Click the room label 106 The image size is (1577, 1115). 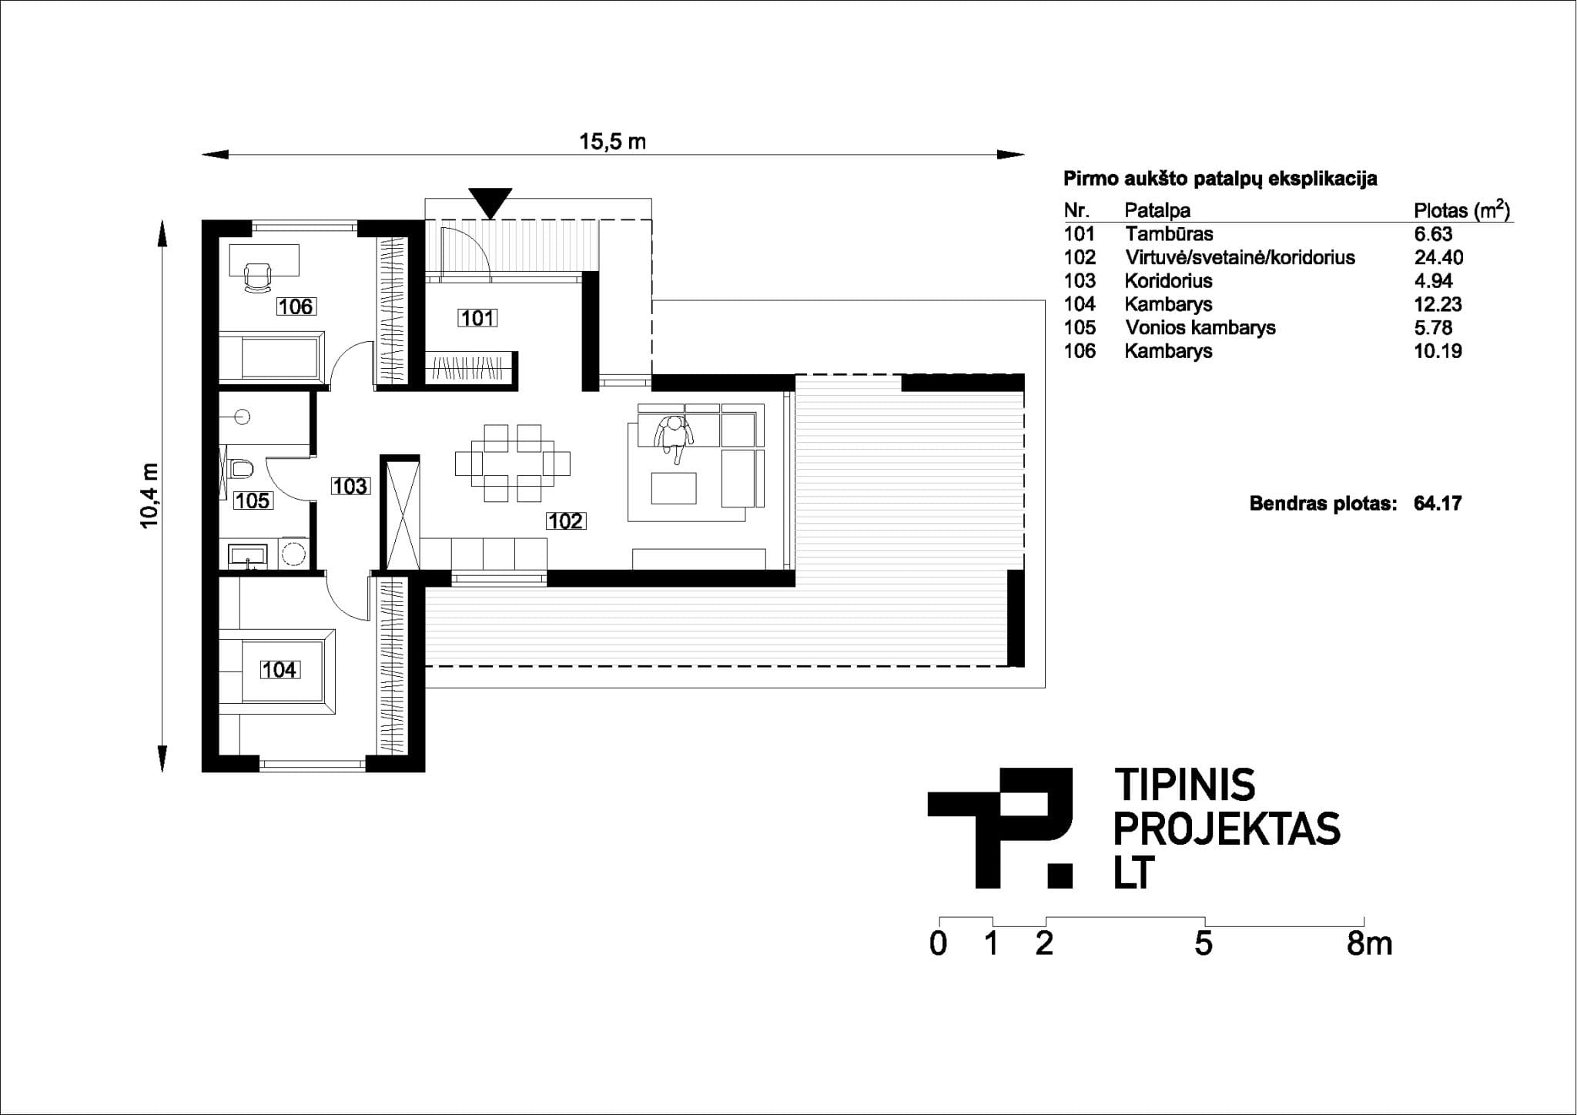(x=296, y=306)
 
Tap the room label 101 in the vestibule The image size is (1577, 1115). (x=477, y=317)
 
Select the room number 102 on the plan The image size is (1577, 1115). (x=566, y=521)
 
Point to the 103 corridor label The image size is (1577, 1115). (x=350, y=486)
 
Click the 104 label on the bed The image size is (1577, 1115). (x=279, y=670)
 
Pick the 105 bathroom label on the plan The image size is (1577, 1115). (x=253, y=501)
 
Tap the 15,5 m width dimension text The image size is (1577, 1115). (x=613, y=142)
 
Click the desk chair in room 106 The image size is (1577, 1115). (x=257, y=277)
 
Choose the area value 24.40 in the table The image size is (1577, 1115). (x=1438, y=257)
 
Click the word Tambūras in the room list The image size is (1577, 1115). (x=1169, y=234)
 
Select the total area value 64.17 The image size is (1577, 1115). (x=1438, y=504)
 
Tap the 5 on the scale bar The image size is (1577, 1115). (x=1204, y=944)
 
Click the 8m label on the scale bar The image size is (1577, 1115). (x=1369, y=944)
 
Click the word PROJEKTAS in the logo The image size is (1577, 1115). (x=1227, y=829)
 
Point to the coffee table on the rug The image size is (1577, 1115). (x=674, y=488)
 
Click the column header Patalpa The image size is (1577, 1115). (x=1157, y=210)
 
